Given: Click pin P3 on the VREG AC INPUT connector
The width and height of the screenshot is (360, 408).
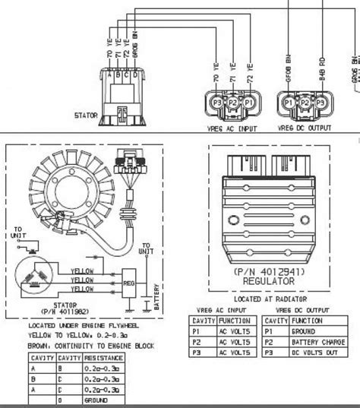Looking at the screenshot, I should pyautogui.click(x=217, y=102).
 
